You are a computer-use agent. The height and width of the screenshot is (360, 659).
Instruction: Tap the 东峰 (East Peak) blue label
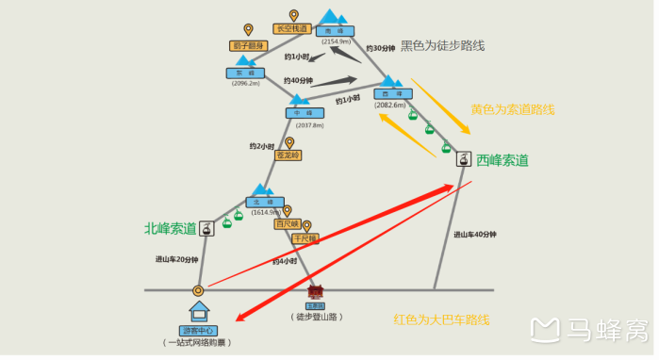point(245,73)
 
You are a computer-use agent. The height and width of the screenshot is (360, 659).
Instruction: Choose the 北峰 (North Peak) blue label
point(264,202)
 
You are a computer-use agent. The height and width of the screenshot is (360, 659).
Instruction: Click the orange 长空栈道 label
point(291,29)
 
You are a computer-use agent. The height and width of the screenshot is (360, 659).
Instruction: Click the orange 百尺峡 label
point(287,224)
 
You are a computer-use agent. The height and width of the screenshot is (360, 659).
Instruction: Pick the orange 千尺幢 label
point(306,239)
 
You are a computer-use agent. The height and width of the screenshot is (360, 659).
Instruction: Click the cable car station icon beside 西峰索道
point(463,159)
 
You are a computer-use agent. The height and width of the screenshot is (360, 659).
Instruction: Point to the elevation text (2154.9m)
point(336,41)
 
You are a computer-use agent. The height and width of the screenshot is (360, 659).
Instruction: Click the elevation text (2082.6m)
point(389,106)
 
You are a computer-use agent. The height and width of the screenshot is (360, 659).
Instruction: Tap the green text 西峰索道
point(502,159)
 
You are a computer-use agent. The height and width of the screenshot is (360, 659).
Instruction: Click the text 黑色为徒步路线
point(442,45)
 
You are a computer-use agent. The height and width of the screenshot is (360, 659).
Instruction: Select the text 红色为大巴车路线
point(441,319)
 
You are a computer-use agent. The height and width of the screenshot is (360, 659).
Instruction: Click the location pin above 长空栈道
point(293,15)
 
